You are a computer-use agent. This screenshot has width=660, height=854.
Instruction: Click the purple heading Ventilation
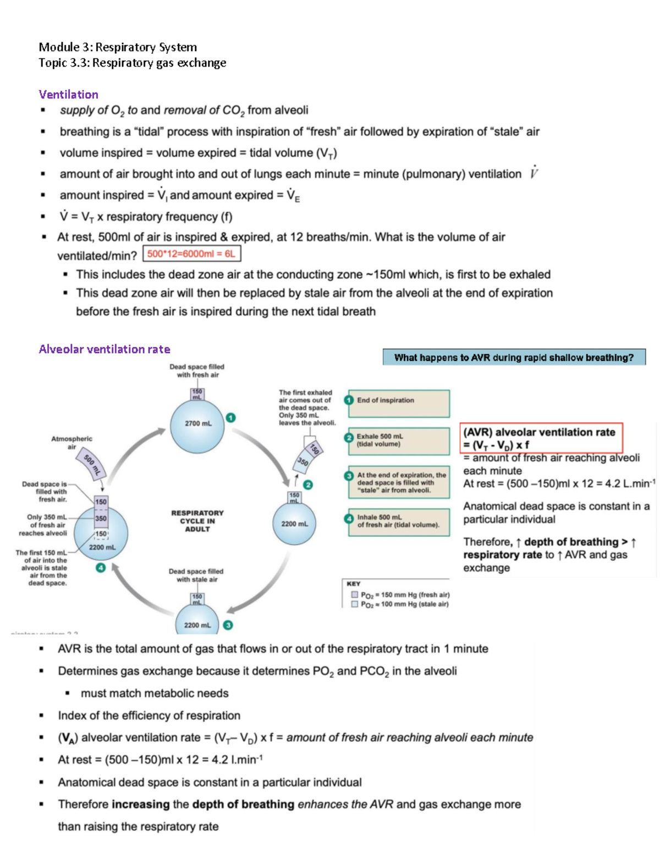tap(68, 94)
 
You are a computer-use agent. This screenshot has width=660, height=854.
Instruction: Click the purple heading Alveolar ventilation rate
tap(104, 349)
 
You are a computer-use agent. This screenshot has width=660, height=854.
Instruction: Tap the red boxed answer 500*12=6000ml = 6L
tap(191, 254)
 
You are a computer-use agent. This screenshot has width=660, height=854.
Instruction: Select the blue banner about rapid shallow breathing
tap(514, 357)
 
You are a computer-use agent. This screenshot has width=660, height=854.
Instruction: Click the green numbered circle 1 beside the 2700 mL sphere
tap(231, 417)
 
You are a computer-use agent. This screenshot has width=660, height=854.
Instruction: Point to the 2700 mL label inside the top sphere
tap(198, 423)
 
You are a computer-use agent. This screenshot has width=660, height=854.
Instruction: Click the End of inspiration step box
tap(399, 403)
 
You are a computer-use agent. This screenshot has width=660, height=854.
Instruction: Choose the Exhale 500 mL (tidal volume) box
tap(399, 441)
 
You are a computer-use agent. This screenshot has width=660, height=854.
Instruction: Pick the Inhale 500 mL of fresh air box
tap(399, 521)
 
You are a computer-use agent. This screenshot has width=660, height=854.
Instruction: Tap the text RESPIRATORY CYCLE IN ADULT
tap(197, 521)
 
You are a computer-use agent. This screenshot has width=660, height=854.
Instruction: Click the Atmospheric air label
tap(71, 443)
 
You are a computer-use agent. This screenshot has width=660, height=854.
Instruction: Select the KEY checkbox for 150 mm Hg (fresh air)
tap(355, 594)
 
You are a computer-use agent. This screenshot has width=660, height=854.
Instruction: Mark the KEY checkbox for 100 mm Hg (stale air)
tap(355, 604)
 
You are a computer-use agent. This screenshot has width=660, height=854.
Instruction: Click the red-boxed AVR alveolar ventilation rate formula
tap(541, 438)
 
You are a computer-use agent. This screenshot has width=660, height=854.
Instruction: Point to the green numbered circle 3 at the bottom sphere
tap(228, 625)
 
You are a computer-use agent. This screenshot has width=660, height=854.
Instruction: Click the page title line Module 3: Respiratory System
tap(118, 47)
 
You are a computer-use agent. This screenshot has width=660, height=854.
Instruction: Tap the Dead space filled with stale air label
tap(196, 575)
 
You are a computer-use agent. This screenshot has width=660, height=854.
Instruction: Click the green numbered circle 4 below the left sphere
tap(101, 568)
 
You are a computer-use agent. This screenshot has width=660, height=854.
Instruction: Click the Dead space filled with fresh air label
tap(197, 371)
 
